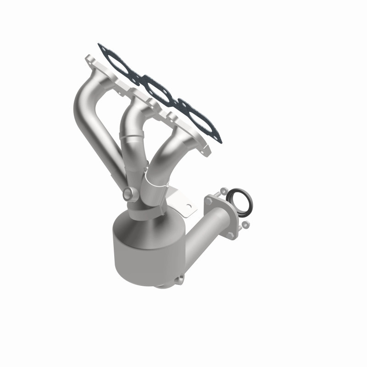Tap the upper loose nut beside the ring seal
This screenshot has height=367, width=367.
tap(223, 189)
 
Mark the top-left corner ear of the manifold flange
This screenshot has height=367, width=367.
tap(88, 59)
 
